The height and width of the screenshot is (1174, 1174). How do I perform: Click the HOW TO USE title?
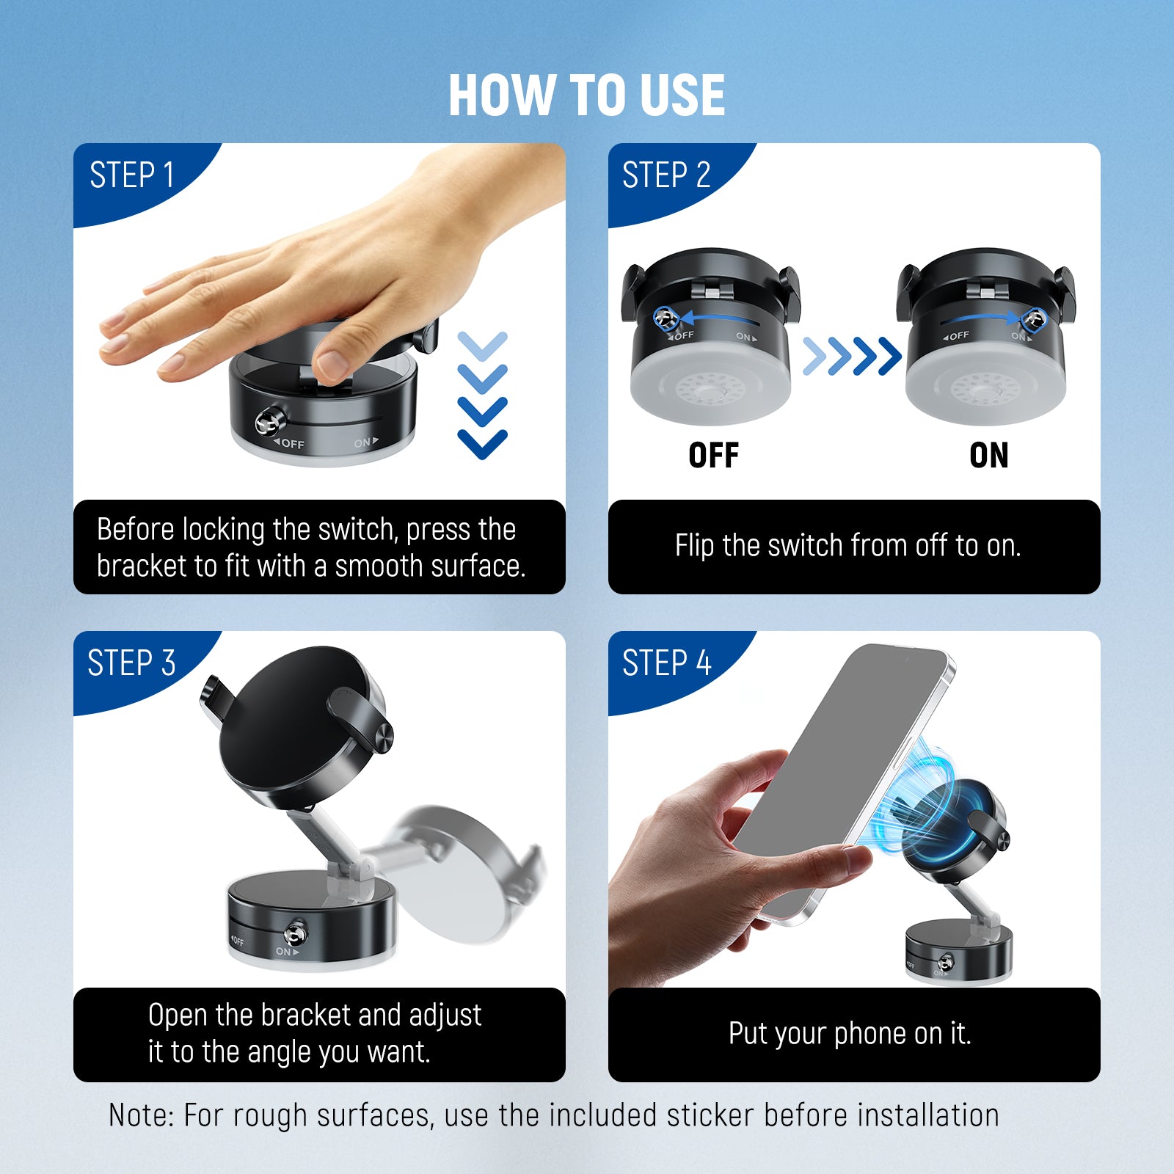point(586,95)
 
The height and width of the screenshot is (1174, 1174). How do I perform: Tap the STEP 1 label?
point(132,175)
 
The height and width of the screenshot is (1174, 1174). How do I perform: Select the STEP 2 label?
point(666,175)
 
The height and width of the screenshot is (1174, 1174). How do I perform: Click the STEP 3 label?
point(132,663)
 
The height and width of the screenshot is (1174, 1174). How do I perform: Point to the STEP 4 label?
point(666,663)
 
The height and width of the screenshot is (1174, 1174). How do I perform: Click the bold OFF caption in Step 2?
point(713,456)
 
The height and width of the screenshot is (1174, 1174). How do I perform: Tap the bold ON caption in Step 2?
point(988,456)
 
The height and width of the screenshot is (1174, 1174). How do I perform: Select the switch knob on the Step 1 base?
point(269,421)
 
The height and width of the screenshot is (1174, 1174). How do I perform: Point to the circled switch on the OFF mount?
point(666,318)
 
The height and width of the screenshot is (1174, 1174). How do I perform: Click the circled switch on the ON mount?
point(1034,319)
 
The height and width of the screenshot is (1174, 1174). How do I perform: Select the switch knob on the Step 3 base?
point(296,933)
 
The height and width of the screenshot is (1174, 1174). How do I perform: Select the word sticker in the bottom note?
point(710,1115)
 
